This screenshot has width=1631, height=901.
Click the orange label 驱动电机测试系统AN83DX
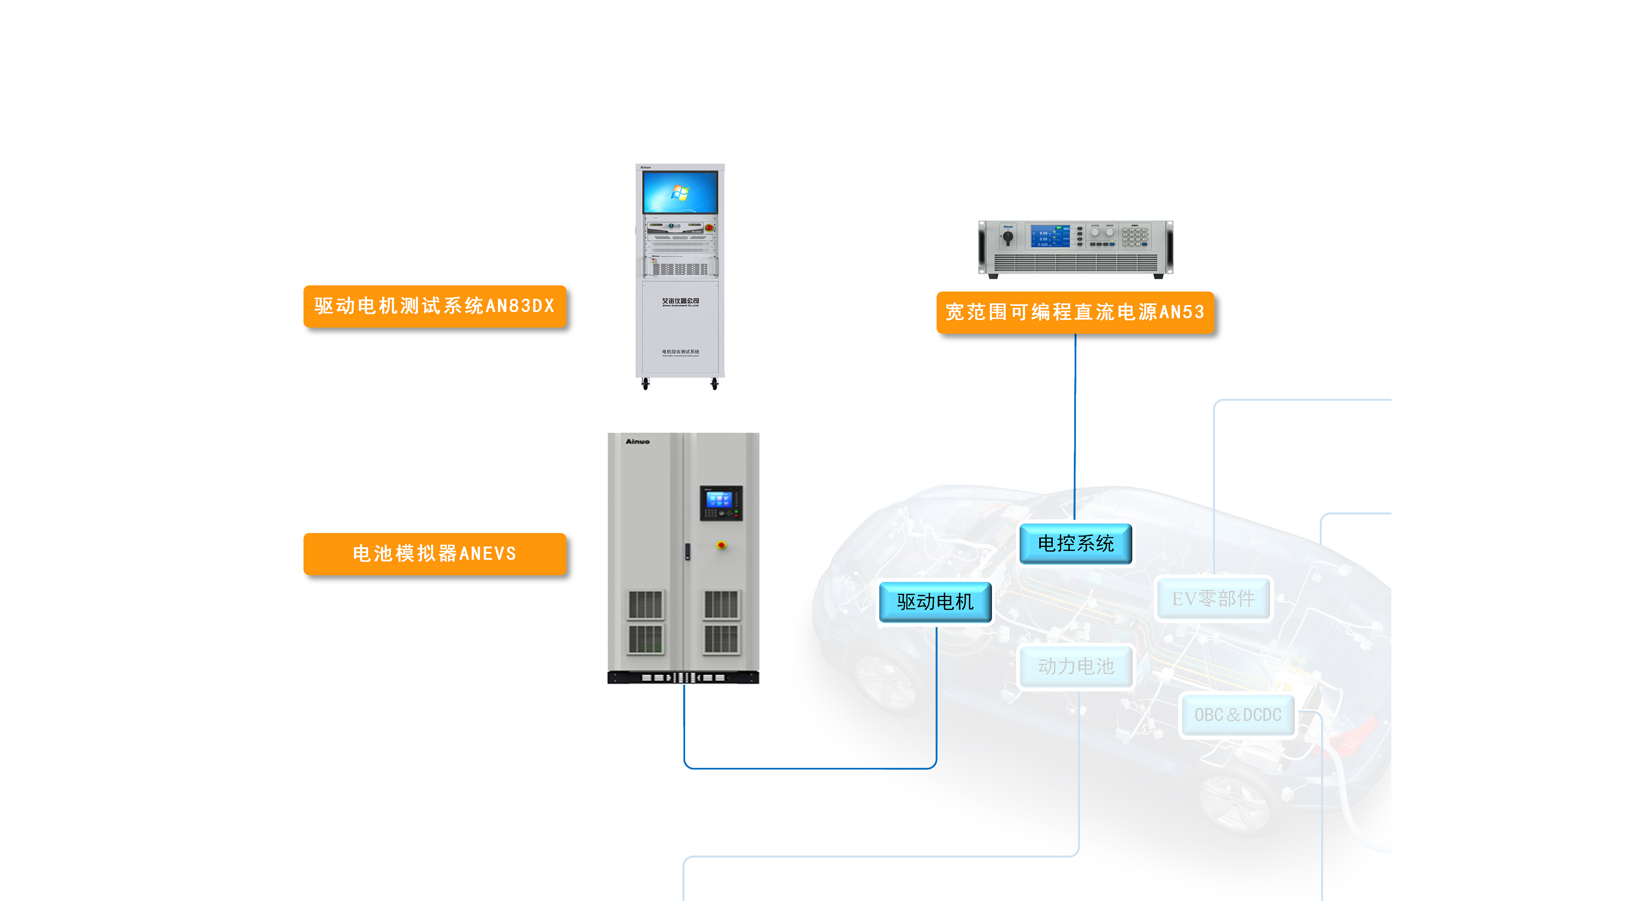point(434,306)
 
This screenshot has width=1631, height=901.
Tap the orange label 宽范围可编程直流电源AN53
point(1075,312)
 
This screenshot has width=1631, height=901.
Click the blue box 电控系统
point(1075,543)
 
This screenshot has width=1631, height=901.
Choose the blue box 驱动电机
point(935,601)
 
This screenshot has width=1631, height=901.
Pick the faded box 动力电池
point(1075,666)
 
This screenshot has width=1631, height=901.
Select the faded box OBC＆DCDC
point(1237,715)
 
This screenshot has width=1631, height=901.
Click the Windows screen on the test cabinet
point(680,192)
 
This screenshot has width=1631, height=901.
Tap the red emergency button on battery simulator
point(721,544)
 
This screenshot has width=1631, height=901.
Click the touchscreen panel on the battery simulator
point(719,501)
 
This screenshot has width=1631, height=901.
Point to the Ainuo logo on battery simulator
point(637,441)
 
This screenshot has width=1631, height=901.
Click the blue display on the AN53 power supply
point(1050,236)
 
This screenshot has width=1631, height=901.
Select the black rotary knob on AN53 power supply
point(1007,238)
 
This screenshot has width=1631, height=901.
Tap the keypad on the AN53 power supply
point(1135,236)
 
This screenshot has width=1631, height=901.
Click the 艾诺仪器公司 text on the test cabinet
point(681,301)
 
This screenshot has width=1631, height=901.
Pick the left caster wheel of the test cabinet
point(645,384)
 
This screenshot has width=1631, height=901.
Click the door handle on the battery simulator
point(688,552)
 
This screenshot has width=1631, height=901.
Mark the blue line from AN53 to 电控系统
point(1075,424)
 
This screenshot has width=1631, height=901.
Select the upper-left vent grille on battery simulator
point(645,605)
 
